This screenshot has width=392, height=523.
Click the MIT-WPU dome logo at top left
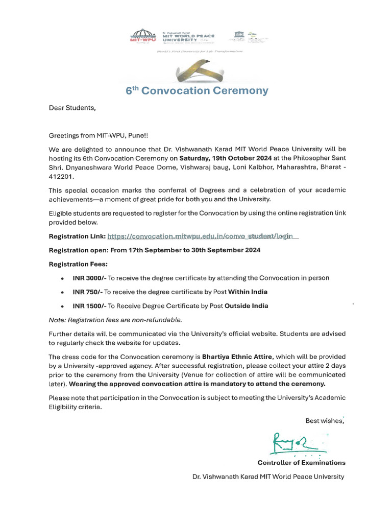pyautogui.click(x=142, y=36)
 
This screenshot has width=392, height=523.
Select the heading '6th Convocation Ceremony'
pyautogui.click(x=197, y=91)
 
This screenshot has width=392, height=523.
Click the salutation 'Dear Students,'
pyautogui.click(x=72, y=108)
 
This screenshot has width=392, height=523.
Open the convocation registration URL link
pyautogui.click(x=202, y=236)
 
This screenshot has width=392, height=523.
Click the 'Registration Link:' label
pyautogui.click(x=77, y=236)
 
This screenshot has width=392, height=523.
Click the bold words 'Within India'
pyautogui.click(x=248, y=292)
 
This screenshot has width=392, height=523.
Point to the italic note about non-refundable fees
pyautogui.click(x=115, y=320)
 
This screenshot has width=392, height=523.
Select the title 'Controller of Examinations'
pyautogui.click(x=301, y=463)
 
